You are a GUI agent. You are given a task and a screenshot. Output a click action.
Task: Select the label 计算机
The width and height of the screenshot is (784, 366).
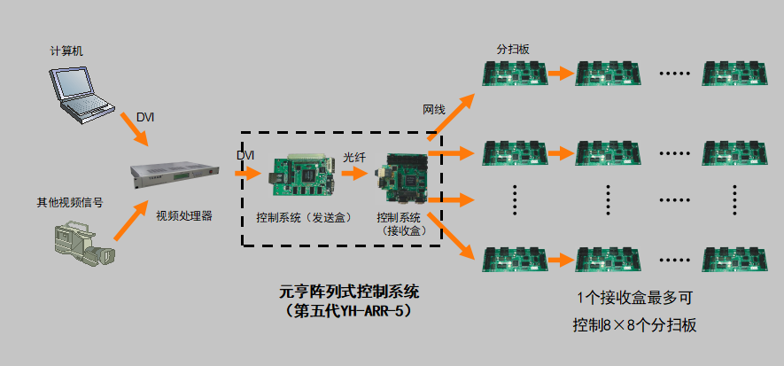[66, 51]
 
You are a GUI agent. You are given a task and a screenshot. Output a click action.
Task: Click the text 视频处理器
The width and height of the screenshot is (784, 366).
[184, 215]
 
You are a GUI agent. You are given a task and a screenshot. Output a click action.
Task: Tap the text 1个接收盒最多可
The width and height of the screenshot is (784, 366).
[633, 299]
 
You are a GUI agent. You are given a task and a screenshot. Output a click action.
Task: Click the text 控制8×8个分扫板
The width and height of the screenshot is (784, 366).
[633, 325]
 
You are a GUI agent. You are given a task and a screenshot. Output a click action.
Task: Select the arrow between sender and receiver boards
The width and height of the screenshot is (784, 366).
[354, 175]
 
